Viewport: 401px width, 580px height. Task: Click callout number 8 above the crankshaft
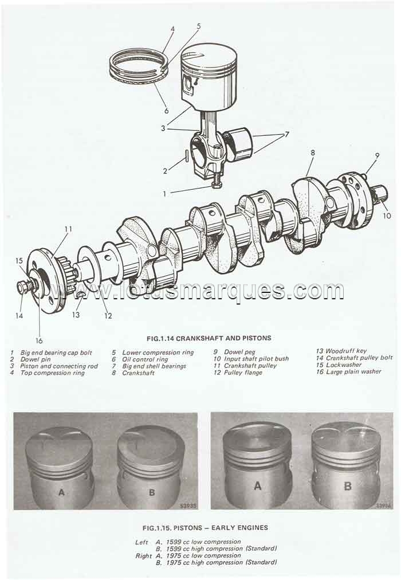(x=313, y=154)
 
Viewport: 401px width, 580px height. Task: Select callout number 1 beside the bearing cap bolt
(x=164, y=194)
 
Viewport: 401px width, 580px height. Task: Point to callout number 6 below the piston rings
(x=166, y=111)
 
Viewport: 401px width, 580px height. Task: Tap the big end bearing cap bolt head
(x=217, y=184)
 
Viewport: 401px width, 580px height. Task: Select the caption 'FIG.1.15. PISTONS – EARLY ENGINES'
(x=205, y=527)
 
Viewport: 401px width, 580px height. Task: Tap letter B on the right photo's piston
(x=347, y=486)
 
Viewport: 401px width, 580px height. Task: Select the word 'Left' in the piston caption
(x=142, y=542)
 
